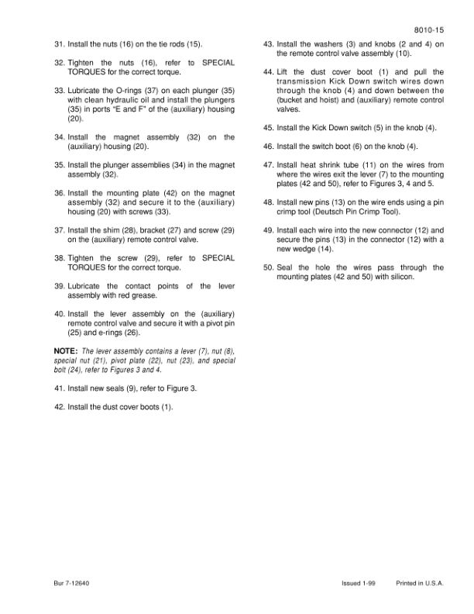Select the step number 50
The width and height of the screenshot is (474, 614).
coord(267,267)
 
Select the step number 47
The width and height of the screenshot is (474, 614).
coord(267,165)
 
